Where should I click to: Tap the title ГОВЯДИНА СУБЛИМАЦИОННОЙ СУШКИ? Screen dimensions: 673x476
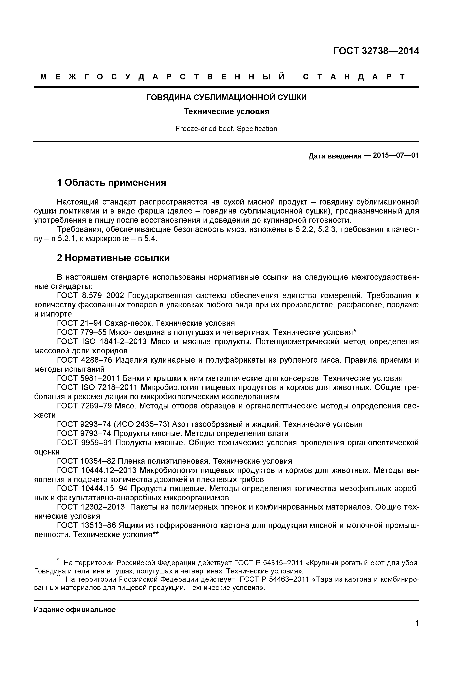[226, 97]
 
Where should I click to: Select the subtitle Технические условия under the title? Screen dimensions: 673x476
[226, 112]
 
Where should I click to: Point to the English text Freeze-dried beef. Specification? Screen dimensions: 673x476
[226, 129]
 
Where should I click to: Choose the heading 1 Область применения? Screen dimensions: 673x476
[111, 183]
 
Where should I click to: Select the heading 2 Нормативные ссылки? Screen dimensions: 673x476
[113, 258]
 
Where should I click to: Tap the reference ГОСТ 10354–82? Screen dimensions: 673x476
[86, 461]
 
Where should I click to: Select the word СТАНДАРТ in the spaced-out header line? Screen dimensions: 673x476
[354, 77]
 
